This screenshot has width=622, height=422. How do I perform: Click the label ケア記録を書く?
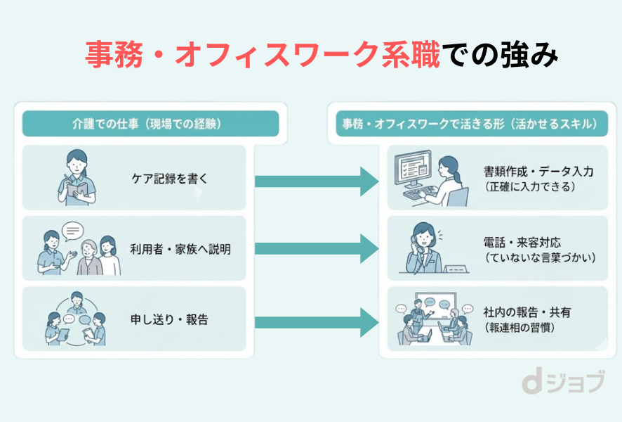pyautogui.click(x=169, y=179)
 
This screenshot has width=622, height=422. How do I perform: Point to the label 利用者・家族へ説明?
pyautogui.click(x=180, y=249)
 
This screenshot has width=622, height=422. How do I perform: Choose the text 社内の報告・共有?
pyautogui.click(x=527, y=312)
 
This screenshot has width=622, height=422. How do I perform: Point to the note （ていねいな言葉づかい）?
pyautogui.click(x=539, y=258)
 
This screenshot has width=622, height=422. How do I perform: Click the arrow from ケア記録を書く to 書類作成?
pyautogui.click(x=317, y=181)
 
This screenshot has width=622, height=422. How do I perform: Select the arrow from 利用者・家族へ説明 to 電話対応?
pyautogui.click(x=317, y=249)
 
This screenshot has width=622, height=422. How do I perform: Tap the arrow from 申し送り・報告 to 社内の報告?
pyautogui.click(x=317, y=321)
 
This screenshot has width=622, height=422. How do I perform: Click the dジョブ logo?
pyautogui.click(x=562, y=383)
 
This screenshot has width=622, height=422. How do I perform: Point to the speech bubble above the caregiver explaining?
pyautogui.click(x=72, y=231)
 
